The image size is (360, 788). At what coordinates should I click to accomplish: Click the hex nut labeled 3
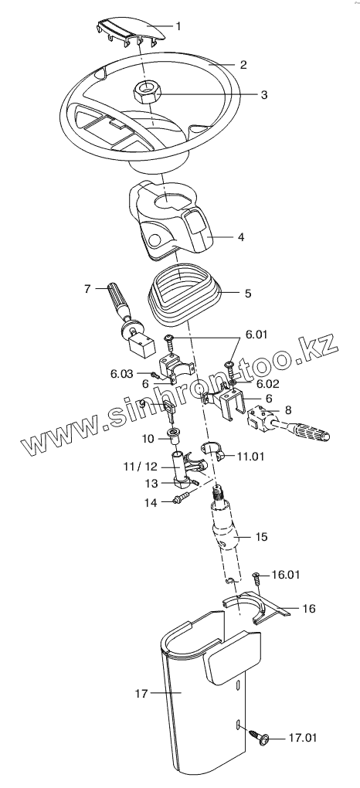click(x=146, y=92)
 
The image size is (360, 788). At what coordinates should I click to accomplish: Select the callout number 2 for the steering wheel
click(x=243, y=64)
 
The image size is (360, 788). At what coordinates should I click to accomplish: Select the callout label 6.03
click(x=122, y=373)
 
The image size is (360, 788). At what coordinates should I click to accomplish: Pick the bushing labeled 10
click(x=175, y=436)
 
